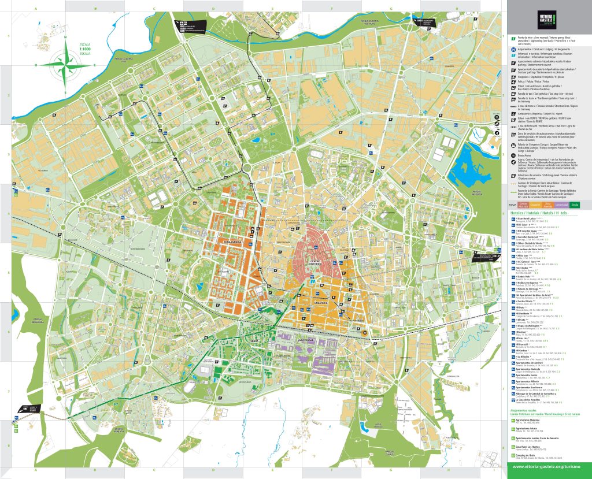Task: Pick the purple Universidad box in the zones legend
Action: pos(561,205)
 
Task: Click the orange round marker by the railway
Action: pos(349,333)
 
